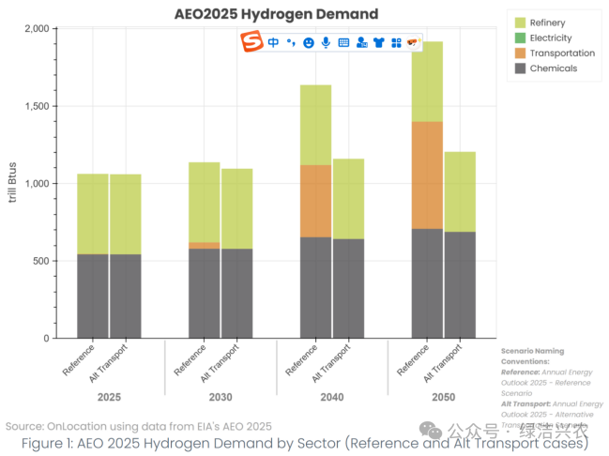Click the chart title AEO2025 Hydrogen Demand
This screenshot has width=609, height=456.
click(x=276, y=14)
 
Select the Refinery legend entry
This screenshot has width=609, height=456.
click(x=547, y=22)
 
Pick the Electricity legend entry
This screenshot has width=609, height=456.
click(x=551, y=38)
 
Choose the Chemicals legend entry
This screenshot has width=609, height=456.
click(x=554, y=68)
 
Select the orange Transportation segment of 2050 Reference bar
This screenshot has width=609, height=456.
click(x=427, y=175)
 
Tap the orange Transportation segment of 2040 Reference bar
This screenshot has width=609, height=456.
click(x=315, y=201)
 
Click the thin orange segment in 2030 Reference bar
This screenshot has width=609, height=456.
click(x=204, y=246)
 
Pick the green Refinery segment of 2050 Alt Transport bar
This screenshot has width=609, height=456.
click(x=460, y=191)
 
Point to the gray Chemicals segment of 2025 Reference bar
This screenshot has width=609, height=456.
click(x=92, y=296)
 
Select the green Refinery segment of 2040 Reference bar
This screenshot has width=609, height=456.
click(x=315, y=125)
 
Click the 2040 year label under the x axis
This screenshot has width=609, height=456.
click(x=331, y=397)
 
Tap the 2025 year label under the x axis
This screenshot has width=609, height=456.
click(x=108, y=397)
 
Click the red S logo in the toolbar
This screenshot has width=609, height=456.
click(x=251, y=42)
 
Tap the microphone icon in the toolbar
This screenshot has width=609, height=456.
click(x=326, y=42)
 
